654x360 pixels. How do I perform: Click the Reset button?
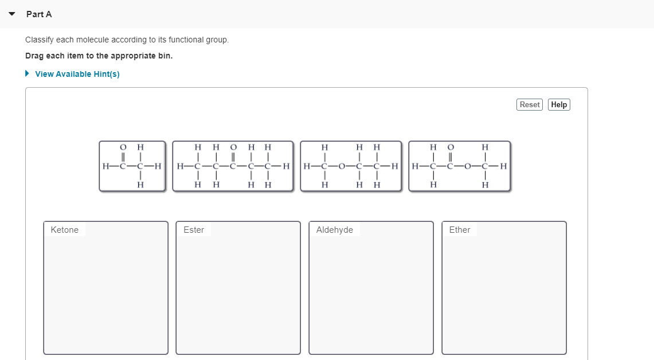click(529, 104)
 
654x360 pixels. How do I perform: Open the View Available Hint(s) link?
click(77, 74)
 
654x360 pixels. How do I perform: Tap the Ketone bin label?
click(65, 230)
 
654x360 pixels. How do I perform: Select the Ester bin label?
click(194, 230)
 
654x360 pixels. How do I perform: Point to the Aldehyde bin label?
click(335, 230)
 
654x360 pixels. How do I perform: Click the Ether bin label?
click(460, 230)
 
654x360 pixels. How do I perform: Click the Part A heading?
click(39, 14)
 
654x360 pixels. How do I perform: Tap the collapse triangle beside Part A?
click(12, 14)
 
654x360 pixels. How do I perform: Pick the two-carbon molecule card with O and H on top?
click(131, 166)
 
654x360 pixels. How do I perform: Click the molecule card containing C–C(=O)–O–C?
click(460, 166)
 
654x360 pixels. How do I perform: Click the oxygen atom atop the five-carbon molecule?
click(233, 147)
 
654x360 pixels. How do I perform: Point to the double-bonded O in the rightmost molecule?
click(451, 147)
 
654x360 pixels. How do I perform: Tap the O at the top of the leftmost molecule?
click(123, 147)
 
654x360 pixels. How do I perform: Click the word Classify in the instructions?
click(40, 40)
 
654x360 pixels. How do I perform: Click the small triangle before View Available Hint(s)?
click(27, 74)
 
